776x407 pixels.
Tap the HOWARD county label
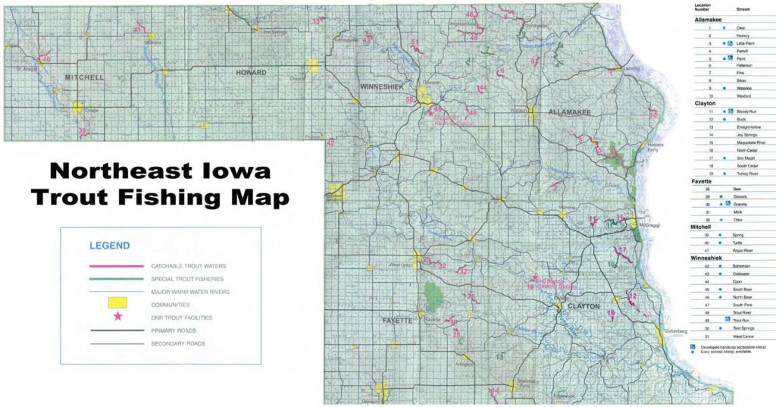pos(252,73)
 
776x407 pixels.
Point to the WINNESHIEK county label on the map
pos(382,87)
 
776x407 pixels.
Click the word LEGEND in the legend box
pos(109,246)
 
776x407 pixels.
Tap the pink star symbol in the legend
pos(117,317)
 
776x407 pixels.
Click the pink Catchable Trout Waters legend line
pos(116,266)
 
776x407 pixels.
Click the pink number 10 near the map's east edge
pos(652,114)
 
